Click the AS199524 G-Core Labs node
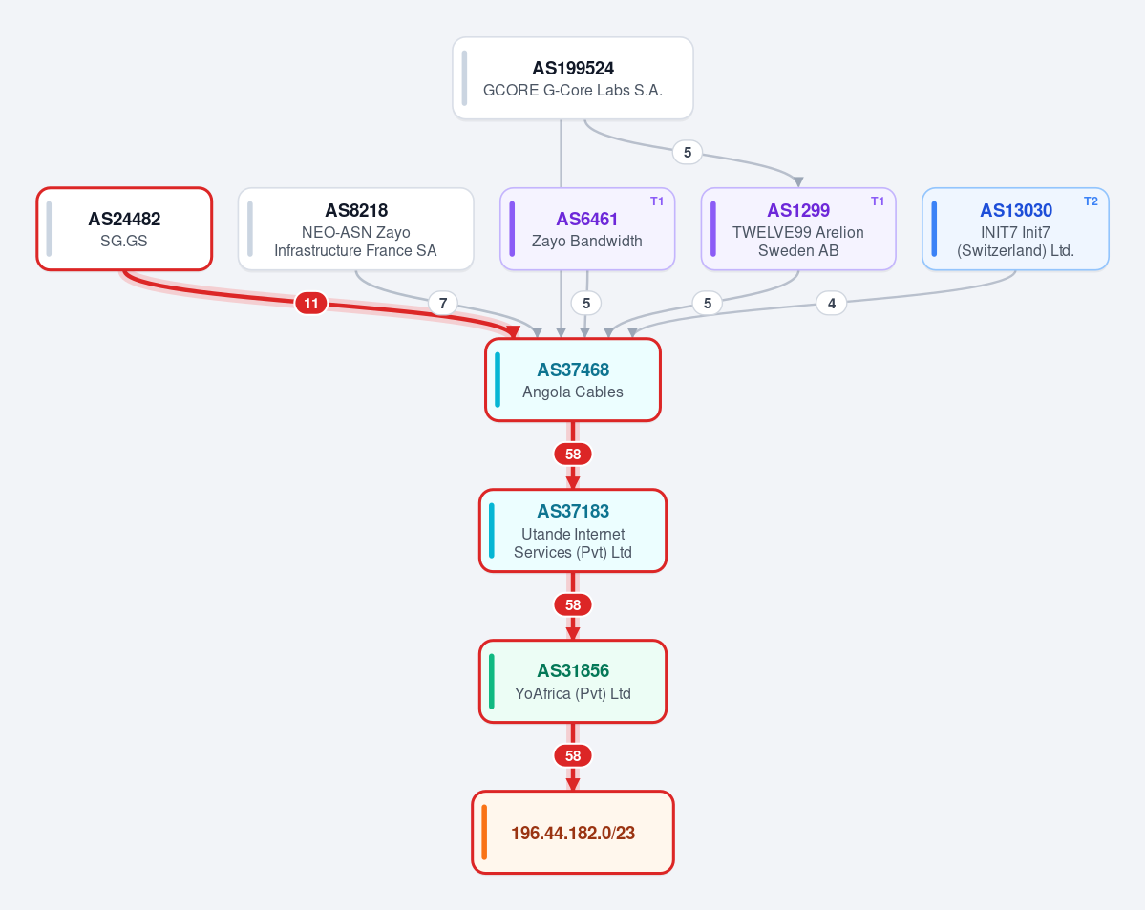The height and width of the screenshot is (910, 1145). click(x=573, y=78)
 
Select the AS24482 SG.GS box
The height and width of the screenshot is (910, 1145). click(x=124, y=228)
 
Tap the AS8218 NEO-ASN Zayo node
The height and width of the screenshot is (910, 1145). click(x=355, y=228)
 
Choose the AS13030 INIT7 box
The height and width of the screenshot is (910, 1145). click(x=1015, y=228)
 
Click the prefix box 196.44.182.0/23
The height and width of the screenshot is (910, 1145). click(x=573, y=832)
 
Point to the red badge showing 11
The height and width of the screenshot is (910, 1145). click(x=311, y=303)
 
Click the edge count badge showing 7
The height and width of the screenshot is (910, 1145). click(x=442, y=303)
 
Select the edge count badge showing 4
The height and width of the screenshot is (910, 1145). click(x=831, y=303)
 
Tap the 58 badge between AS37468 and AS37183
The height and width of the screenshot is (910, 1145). click(x=573, y=455)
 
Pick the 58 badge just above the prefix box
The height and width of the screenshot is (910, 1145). click(x=573, y=756)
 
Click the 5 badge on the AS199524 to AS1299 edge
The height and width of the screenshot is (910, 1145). click(x=688, y=152)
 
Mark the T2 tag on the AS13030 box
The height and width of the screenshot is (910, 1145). click(x=1091, y=201)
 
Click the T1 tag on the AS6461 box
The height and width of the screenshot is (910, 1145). click(x=656, y=201)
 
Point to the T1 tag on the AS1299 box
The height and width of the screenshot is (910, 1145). click(x=877, y=201)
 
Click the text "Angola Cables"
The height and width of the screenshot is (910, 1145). click(x=573, y=392)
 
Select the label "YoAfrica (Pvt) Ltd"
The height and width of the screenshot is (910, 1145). click(x=573, y=694)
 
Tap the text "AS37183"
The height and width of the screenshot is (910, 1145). click(x=573, y=511)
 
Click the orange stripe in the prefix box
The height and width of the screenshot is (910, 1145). click(x=484, y=832)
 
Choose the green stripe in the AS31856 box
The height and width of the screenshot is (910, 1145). click(x=492, y=682)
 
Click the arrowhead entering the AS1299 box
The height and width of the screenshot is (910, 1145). click(x=798, y=181)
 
